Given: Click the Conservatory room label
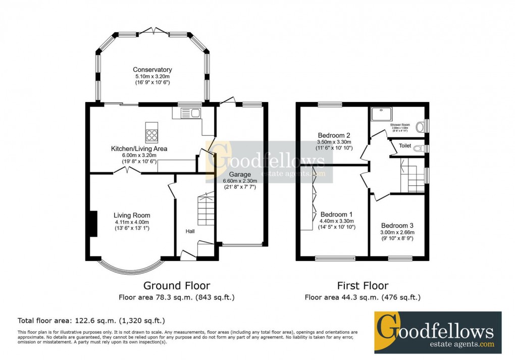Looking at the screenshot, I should tap(152, 70).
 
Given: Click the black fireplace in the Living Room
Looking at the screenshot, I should tap(92, 223).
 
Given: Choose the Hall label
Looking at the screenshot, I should tap(190, 231).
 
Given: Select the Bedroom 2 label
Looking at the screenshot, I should tap(334, 135).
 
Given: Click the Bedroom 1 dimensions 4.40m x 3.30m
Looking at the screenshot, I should tap(336, 221).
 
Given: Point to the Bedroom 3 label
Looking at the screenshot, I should tap(397, 225).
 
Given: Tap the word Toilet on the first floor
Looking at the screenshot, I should tap(405, 146).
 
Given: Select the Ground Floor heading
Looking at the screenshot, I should tap(177, 286).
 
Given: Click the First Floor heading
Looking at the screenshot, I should tap(363, 286).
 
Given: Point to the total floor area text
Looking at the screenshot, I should tap(91, 320).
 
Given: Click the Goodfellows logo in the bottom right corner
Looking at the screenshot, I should tap(437, 332).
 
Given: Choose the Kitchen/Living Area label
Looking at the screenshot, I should tap(139, 149).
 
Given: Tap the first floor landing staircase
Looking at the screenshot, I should tap(412, 175).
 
